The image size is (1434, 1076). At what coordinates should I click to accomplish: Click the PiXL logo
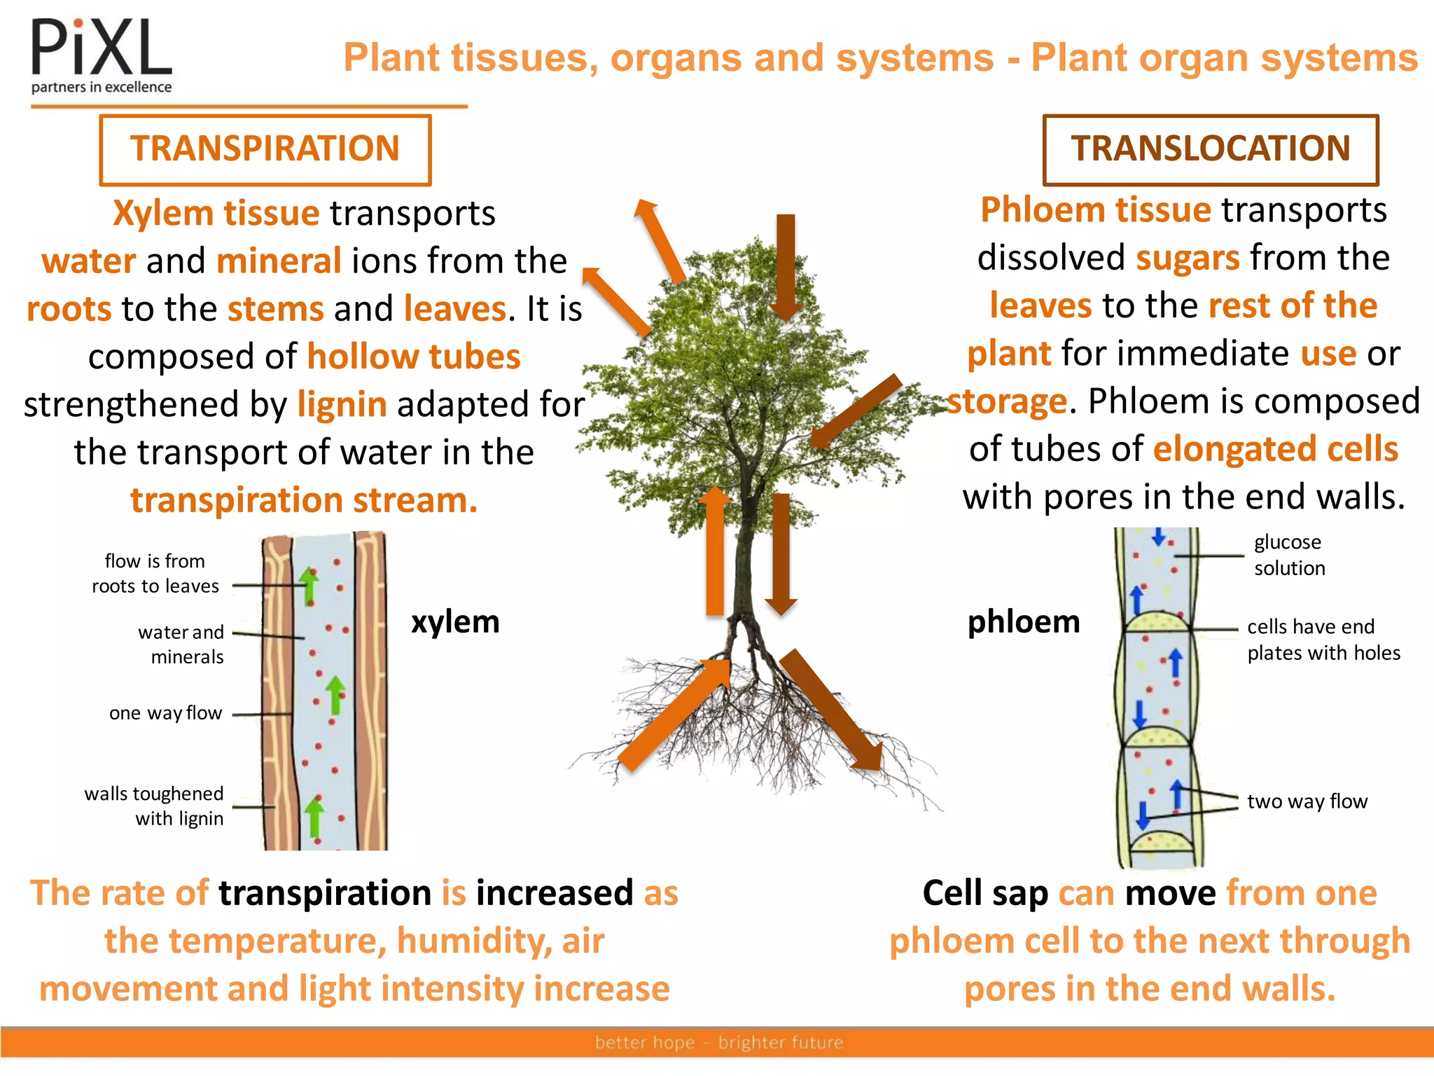click(x=102, y=56)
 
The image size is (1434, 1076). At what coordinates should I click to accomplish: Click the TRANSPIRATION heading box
click(x=265, y=149)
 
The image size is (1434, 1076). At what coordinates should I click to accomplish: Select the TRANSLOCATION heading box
click(x=1210, y=149)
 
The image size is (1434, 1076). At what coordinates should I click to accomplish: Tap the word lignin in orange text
click(x=342, y=404)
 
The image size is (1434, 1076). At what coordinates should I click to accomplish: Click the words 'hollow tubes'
click(x=414, y=357)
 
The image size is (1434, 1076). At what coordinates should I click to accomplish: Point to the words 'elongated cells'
click(x=1275, y=449)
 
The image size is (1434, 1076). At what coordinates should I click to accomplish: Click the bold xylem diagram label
click(x=455, y=622)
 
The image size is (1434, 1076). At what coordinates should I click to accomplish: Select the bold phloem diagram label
click(x=1023, y=622)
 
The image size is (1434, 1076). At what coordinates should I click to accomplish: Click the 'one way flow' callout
click(x=165, y=713)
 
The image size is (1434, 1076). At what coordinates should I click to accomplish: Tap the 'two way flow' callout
click(x=1307, y=801)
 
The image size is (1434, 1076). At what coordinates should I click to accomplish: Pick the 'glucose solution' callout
click(x=1288, y=555)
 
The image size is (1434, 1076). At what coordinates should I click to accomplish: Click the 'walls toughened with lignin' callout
click(x=154, y=806)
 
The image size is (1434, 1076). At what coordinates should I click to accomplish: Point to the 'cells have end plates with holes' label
click(x=1322, y=640)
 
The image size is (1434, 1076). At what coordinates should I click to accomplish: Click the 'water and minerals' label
click(x=181, y=644)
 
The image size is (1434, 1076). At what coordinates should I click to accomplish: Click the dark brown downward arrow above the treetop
click(x=786, y=266)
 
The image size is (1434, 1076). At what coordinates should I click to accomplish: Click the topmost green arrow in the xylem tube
click(x=308, y=586)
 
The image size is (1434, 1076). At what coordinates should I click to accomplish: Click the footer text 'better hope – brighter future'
click(x=718, y=1042)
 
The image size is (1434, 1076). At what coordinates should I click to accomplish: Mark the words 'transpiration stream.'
click(x=304, y=500)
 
